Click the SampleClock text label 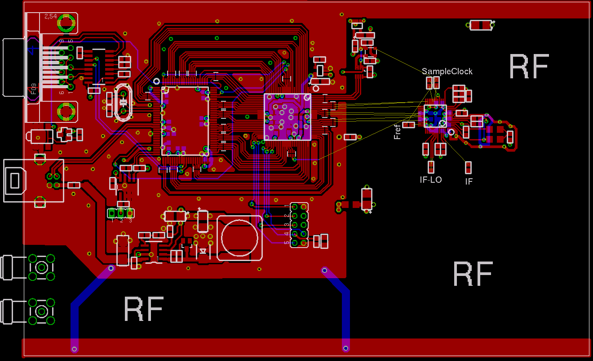447,72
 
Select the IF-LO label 431,180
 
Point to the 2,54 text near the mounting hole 50,16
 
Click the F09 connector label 34,90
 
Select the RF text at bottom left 143,309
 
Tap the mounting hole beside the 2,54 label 66,23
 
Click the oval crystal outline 124,103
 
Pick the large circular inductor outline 239,238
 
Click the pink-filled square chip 287,117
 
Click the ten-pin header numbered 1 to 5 299,225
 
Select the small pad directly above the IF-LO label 431,167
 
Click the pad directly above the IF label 468,167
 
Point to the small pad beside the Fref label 409,125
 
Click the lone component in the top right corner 481,25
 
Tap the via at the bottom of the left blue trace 75,349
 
